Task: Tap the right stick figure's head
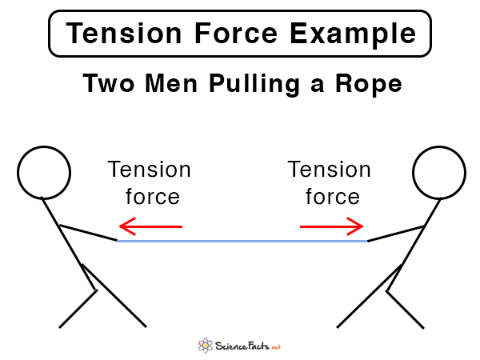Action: tap(439, 174)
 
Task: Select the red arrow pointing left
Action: tap(150, 227)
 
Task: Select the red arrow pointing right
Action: tap(331, 227)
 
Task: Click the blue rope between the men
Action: tap(240, 240)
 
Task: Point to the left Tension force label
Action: tap(150, 183)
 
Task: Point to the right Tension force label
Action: tap(330, 183)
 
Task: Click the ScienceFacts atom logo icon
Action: tap(206, 346)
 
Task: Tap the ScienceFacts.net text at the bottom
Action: tap(249, 346)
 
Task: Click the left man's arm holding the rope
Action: tap(88, 232)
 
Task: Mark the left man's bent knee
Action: tap(97, 290)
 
